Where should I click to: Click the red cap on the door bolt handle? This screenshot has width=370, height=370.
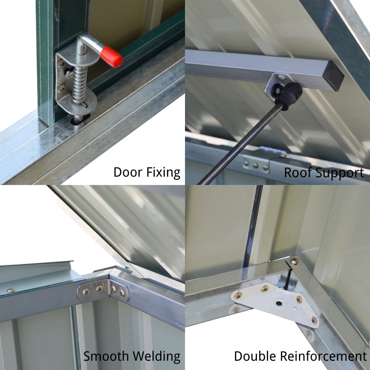pyautogui.click(x=113, y=57)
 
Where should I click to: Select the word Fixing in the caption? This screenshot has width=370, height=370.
pyautogui.click(x=163, y=173)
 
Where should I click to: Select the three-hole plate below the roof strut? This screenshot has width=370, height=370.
pyautogui.click(x=256, y=165)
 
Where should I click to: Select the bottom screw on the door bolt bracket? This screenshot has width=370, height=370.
pyautogui.click(x=62, y=88)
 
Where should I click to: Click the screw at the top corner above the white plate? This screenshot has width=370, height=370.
pyautogui.click(x=294, y=261)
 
